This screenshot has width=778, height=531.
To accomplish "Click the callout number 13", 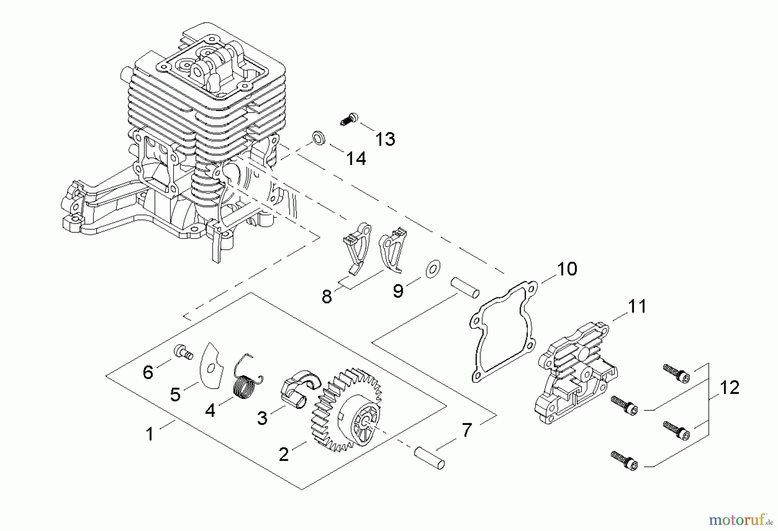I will [385, 140].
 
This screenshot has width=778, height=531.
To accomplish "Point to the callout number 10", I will [567, 269].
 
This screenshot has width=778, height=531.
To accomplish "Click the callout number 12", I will [729, 388].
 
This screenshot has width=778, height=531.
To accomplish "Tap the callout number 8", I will [327, 297].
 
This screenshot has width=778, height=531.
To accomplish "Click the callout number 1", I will [150, 434].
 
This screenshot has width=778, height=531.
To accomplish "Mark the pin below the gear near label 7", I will [429, 458].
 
